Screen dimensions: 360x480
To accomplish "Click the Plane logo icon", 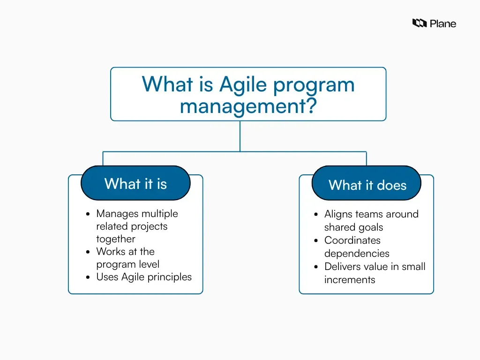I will point(419,23).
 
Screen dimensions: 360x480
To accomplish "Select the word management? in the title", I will point(248,106).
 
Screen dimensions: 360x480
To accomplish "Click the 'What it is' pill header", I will point(135,183).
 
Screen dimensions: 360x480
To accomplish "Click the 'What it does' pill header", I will point(367,185).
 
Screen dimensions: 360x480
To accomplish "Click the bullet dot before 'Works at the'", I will point(88,252).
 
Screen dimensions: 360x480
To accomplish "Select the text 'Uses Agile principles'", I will point(144,277).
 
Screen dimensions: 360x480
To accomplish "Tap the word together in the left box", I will point(115,239).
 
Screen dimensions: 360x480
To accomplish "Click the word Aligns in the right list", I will point(338,214).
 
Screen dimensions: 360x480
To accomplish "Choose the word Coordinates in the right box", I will point(352,240).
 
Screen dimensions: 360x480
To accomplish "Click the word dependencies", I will point(357,254).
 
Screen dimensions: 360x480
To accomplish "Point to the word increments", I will point(350,280).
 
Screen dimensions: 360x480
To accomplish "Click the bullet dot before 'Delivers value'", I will point(316,267).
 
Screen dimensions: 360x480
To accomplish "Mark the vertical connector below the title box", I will point(240,136).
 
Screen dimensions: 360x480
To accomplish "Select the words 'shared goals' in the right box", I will point(353,227).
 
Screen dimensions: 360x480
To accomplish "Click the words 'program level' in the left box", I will point(127,264).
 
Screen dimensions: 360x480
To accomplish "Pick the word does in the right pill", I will point(391,185).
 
